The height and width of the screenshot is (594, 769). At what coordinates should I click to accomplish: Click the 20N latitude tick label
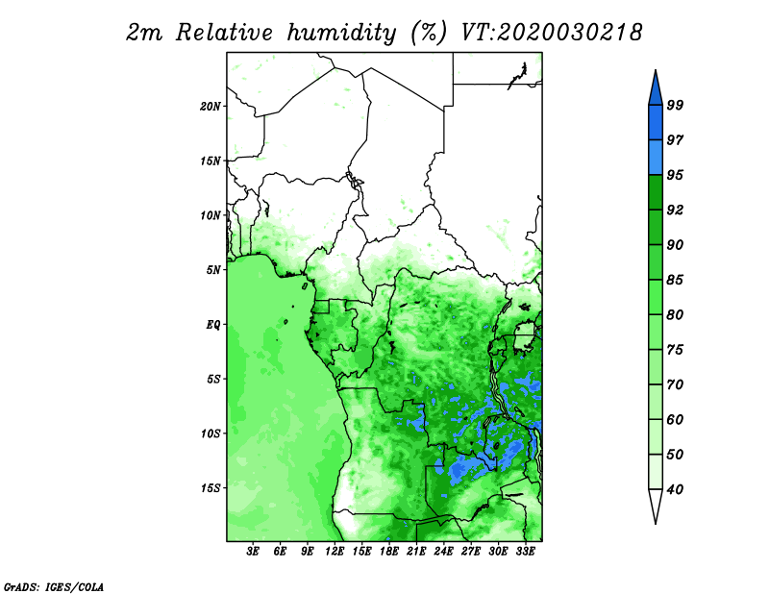point(211,106)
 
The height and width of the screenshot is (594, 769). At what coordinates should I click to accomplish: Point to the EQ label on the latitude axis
point(212,324)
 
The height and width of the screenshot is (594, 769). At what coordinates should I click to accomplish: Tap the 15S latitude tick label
point(211,487)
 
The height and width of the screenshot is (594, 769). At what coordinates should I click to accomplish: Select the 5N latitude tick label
point(213,270)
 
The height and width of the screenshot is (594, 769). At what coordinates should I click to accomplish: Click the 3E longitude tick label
point(253,551)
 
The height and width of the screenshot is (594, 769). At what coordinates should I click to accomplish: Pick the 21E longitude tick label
point(416,551)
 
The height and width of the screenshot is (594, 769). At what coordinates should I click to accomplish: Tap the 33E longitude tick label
point(525,551)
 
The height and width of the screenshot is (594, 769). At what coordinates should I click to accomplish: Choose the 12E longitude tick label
point(335,551)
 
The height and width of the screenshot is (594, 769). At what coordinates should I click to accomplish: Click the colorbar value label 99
point(675,105)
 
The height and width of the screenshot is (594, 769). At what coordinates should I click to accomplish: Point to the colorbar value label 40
point(675,489)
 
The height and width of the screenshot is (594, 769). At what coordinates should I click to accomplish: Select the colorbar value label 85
point(675,280)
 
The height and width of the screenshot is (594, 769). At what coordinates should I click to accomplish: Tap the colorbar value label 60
point(675,419)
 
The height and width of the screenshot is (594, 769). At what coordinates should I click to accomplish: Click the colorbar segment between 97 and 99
point(656,123)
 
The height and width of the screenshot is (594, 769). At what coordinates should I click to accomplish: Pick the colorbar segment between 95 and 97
point(656,158)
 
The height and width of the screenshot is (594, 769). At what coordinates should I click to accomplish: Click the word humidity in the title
point(341,33)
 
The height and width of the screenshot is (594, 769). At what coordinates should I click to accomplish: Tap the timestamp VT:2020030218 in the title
point(552,33)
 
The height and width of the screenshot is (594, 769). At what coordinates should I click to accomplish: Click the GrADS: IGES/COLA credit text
point(54,586)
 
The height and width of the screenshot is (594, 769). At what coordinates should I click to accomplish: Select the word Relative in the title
point(224,33)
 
